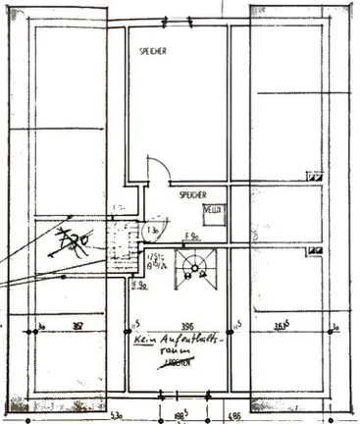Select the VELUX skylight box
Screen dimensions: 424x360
pos(213,210)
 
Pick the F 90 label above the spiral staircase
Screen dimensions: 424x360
pos(193,236)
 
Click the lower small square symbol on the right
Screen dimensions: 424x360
pos(314,250)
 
